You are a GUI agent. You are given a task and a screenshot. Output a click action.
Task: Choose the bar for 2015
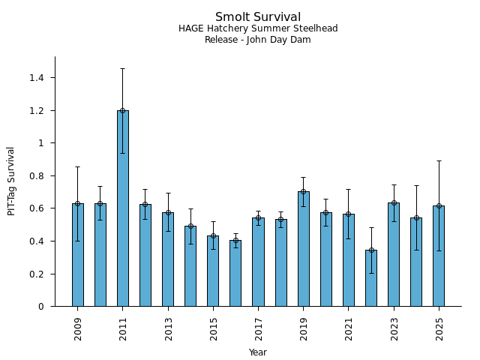pyautogui.click(x=213, y=274)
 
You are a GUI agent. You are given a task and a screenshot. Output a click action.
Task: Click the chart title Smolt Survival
pyautogui.click(x=258, y=17)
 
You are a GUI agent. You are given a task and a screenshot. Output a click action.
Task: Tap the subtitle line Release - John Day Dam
pyautogui.click(x=258, y=40)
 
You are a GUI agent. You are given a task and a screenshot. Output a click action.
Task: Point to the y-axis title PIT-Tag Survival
pyautogui.click(x=11, y=181)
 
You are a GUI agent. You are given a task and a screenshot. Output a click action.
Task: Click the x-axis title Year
pyautogui.click(x=258, y=352)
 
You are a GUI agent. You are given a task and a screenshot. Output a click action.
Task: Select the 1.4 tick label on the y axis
pyautogui.click(x=36, y=78)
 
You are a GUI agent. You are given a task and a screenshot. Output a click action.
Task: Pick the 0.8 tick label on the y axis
pyautogui.click(x=36, y=176)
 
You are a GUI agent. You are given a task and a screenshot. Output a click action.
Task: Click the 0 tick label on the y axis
pyautogui.click(x=41, y=307)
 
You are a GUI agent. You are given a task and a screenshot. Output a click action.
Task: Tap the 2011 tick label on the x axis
pyautogui.click(x=123, y=328)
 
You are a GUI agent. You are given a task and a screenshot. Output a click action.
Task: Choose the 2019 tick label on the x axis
pyautogui.click(x=304, y=328)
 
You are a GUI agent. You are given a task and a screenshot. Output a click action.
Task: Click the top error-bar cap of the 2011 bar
pyautogui.click(x=122, y=68)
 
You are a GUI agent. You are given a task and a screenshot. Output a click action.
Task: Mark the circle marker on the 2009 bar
pyautogui.click(x=77, y=203)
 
